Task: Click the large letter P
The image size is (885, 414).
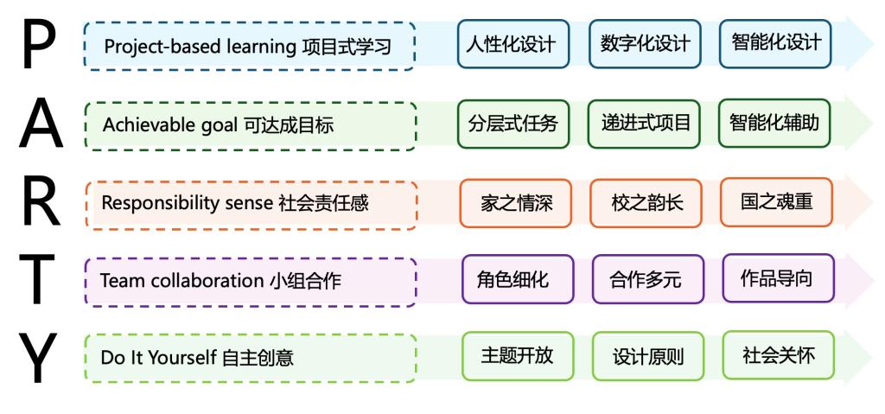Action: pos(39,43)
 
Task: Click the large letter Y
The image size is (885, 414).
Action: pos(38,358)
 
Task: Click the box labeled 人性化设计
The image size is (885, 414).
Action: pos(513,44)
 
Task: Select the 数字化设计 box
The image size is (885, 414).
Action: pos(645,44)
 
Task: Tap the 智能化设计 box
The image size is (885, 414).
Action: pos(775,43)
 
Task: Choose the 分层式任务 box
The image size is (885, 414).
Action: pos(513,124)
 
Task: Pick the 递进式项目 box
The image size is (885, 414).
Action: pos(644,124)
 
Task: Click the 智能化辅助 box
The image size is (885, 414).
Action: pos(774,123)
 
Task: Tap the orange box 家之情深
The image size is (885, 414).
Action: pos(516,203)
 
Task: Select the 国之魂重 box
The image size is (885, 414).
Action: pos(777,202)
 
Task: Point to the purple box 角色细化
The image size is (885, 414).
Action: pos(519,279)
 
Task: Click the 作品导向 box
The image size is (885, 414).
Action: pos(779,278)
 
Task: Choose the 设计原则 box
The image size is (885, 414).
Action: pos(648,356)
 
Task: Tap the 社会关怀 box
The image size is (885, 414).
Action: pos(779,354)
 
